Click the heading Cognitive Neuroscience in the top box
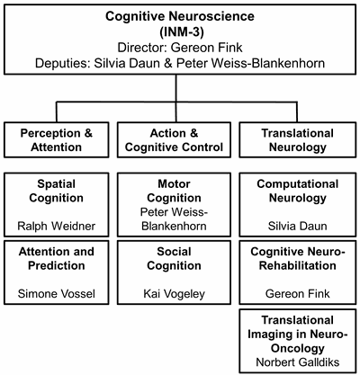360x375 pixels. [x=180, y=16]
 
